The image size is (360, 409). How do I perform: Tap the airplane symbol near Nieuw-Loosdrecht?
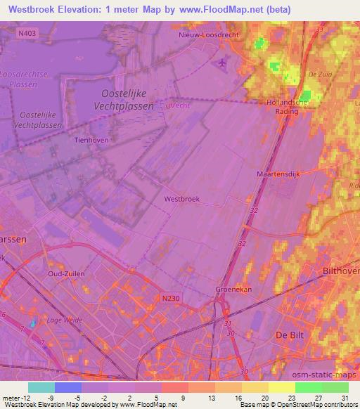(x=223, y=64)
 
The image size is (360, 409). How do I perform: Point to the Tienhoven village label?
(x=89, y=140)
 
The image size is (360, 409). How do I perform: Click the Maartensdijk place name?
(x=278, y=171)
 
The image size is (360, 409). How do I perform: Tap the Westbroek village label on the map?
(x=182, y=199)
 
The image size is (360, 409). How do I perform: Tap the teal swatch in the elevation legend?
(x=41, y=387)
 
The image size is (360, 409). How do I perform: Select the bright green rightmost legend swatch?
(x=335, y=387)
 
